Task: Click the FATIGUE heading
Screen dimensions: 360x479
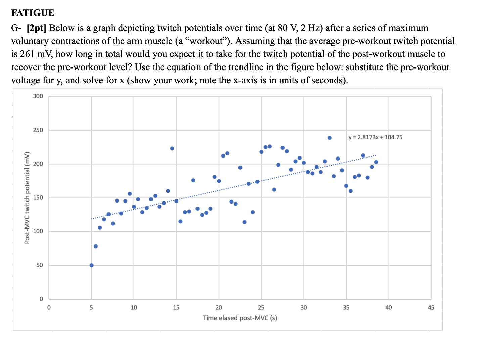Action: click(33, 13)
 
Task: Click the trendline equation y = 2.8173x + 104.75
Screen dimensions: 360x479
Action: click(375, 137)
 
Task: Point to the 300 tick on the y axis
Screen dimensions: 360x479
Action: click(38, 96)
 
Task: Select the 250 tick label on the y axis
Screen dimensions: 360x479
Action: click(38, 130)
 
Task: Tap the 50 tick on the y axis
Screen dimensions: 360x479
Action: click(39, 265)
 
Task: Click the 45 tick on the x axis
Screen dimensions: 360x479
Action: click(431, 308)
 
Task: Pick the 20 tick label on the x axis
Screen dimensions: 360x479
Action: click(219, 308)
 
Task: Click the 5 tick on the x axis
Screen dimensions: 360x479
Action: click(91, 308)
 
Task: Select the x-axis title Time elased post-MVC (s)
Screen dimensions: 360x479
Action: click(240, 318)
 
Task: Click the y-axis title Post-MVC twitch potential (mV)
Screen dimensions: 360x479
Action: click(27, 198)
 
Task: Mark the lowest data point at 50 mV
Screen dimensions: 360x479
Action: click(92, 265)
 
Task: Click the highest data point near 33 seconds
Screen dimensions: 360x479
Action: click(329, 138)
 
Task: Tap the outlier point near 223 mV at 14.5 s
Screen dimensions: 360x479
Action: click(172, 148)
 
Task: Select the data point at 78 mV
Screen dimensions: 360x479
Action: click(96, 246)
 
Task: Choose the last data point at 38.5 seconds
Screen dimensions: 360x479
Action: click(376, 162)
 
